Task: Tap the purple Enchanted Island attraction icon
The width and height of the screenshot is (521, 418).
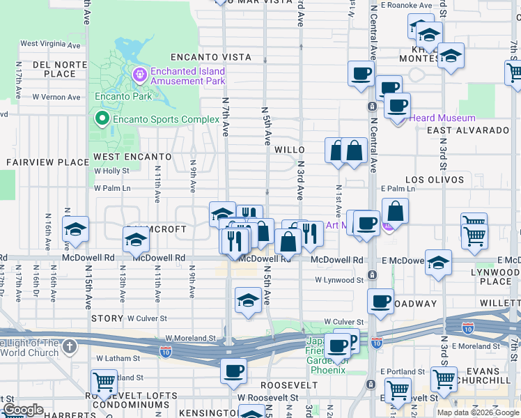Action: (x=140, y=73)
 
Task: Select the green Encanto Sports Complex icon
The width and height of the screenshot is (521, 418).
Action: (x=103, y=119)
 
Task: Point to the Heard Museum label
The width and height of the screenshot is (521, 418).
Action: (x=442, y=118)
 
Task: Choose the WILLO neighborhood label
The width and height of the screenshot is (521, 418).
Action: (x=290, y=150)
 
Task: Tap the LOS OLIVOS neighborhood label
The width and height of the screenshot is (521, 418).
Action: (x=435, y=180)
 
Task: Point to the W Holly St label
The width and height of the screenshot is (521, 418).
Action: (x=111, y=171)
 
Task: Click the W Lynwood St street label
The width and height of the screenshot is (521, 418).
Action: (x=339, y=280)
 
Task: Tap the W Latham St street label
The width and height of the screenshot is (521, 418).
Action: (x=118, y=358)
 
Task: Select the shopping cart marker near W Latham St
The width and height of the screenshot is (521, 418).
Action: (x=104, y=382)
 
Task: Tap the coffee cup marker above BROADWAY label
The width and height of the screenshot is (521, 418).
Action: (x=380, y=301)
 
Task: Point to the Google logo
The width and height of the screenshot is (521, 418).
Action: (x=24, y=410)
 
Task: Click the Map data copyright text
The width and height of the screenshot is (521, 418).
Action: (x=479, y=412)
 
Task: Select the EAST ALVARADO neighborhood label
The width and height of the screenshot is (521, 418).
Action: (x=468, y=130)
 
